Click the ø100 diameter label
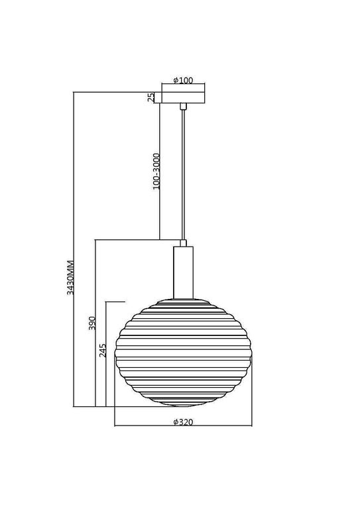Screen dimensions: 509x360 coord(182,81)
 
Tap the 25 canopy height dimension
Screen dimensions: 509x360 coord(151,97)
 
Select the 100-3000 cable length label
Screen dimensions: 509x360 coord(155,172)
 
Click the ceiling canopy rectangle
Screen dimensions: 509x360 coord(183,97)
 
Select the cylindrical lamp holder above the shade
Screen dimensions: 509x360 coord(184,271)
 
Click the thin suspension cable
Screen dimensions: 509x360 coord(184,172)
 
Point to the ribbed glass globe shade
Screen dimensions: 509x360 coord(184,355)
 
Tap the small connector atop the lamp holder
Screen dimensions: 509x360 coord(184,243)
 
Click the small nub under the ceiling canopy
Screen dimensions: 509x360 coord(184,105)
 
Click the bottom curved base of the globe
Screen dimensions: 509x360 coord(184,404)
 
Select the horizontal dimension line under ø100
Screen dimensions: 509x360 coord(183,85)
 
